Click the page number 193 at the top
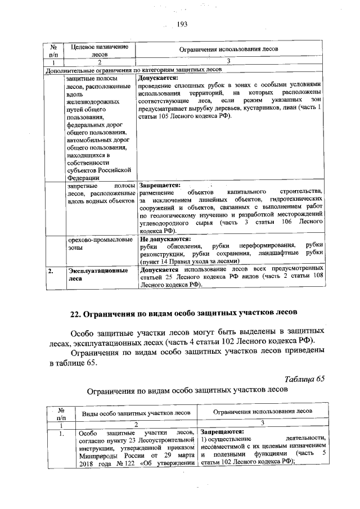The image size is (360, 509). tap(181, 24)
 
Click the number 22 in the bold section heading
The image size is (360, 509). tap(77, 313)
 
